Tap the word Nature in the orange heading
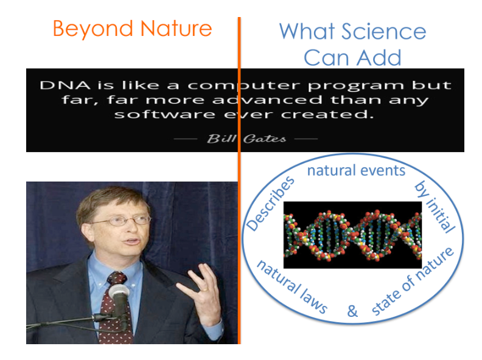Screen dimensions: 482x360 coord(176,29)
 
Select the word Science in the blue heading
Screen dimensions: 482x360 coord(384,32)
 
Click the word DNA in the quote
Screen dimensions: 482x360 coord(65,85)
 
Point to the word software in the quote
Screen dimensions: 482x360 coord(165,114)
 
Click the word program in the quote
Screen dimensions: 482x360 coord(356,86)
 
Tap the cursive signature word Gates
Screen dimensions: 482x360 coord(265,139)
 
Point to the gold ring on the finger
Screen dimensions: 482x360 coord(204,289)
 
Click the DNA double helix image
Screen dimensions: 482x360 coord(352,235)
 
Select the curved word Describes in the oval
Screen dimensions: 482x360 coord(270,203)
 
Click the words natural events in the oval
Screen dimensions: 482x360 coord(356,170)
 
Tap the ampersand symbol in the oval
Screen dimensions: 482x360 coord(352,311)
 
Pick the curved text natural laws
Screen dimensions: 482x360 coord(292,286)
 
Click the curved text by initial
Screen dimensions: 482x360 coord(435,207)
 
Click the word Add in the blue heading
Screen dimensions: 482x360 coord(379,57)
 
